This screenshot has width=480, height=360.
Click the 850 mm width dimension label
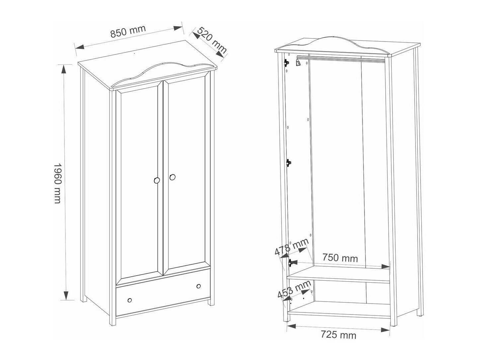coord(128,32)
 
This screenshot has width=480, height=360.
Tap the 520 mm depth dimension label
coord(212,40)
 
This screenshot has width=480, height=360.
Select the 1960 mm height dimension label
coord(57,183)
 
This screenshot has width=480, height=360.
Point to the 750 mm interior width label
coord(340,258)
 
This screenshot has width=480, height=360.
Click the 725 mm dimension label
coord(338,334)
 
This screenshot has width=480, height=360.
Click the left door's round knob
coord(157,180)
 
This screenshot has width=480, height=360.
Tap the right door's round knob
coord(172,177)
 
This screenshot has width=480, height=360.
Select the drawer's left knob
coord(130,300)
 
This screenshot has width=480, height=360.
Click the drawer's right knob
coord(199,286)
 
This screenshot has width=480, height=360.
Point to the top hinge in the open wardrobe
coord(286,63)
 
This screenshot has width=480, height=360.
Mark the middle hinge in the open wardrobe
coord(289,163)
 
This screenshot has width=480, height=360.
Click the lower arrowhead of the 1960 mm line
coord(66,295)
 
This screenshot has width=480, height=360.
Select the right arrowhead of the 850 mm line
coord(178,28)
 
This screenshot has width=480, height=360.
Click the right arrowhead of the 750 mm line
coord(385,266)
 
